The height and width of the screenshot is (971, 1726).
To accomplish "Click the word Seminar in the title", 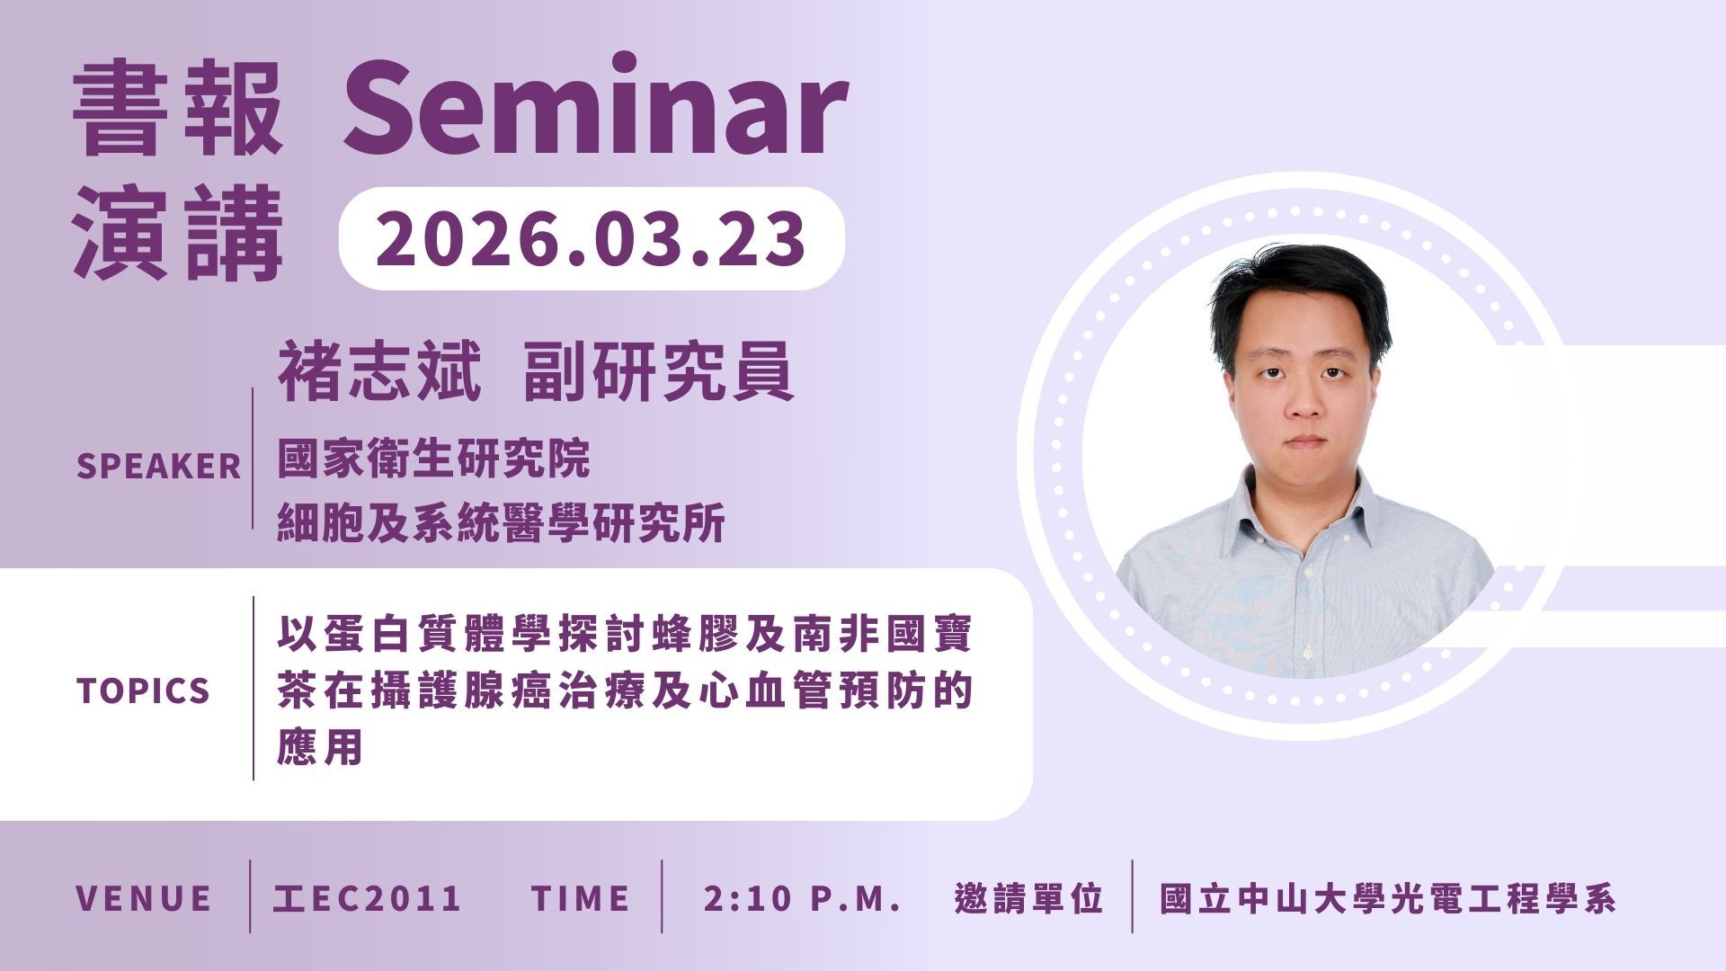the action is click(x=595, y=107).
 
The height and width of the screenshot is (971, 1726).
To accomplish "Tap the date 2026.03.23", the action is click(x=591, y=238).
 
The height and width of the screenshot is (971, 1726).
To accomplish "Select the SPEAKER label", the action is click(x=158, y=467).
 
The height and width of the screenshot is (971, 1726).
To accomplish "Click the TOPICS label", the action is click(x=143, y=690).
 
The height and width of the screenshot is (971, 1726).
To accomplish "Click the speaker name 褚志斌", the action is click(x=379, y=370).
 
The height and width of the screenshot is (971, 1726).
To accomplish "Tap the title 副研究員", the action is click(x=659, y=370).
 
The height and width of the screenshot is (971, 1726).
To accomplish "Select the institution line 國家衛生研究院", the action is click(x=433, y=459).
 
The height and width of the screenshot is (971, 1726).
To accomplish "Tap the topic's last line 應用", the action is click(x=320, y=746).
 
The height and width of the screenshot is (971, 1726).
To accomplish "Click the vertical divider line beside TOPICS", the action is click(x=254, y=688).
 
